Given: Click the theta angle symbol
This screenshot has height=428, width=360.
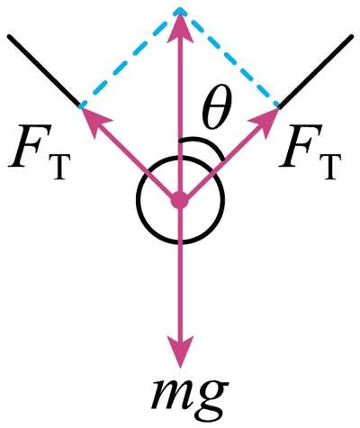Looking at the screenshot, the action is [217, 109].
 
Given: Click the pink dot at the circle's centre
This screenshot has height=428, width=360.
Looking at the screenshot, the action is [180, 201].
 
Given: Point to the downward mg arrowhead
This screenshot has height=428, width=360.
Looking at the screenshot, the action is [180, 351].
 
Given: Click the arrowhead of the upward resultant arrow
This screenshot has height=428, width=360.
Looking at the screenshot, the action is [180, 24].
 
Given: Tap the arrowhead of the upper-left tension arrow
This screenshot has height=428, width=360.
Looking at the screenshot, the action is [94, 120].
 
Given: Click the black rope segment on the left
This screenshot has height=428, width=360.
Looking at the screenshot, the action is [44, 71].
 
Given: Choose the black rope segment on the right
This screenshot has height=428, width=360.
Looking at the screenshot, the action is [315, 71].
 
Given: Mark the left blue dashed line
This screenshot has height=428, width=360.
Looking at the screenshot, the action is [130, 58].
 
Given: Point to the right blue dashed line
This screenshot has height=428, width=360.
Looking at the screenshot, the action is [229, 58].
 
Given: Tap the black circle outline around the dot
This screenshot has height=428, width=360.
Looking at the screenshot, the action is [136, 199].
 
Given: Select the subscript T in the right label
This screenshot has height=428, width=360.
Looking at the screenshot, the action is [332, 167].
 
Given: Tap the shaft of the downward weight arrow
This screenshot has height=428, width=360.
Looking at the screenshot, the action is [180, 270].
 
